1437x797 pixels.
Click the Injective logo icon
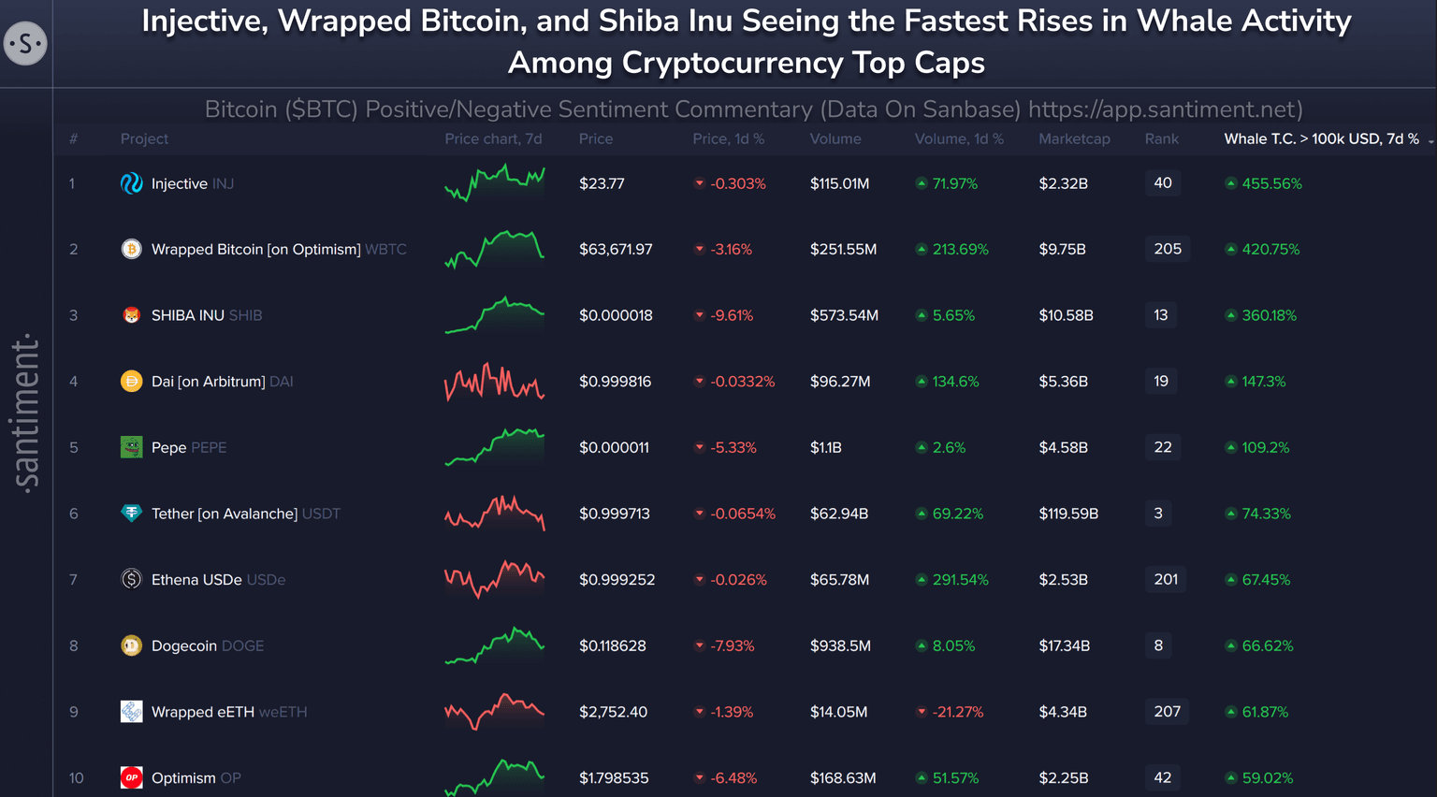point(131,183)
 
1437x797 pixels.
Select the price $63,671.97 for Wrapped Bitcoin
point(616,250)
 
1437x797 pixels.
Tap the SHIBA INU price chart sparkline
point(494,315)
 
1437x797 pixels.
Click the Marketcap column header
point(1074,138)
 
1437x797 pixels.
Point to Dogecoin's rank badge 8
point(1158,645)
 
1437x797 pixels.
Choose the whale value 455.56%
point(1270,183)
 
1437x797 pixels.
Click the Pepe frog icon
point(131,447)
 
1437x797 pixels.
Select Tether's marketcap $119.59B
point(1068,514)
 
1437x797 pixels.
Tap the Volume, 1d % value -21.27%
point(957,712)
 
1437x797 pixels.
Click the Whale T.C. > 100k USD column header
point(1321,138)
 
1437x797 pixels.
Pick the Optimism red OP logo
point(131,777)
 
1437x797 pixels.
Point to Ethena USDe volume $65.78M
point(839,580)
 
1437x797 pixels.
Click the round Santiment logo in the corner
point(25,43)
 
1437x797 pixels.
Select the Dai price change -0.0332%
point(742,382)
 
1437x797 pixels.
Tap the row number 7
point(73,580)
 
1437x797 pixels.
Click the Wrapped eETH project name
point(203,712)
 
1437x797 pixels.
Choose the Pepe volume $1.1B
point(825,447)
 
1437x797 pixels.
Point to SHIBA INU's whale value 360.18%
point(1269,315)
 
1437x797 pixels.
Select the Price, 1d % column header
point(728,138)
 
